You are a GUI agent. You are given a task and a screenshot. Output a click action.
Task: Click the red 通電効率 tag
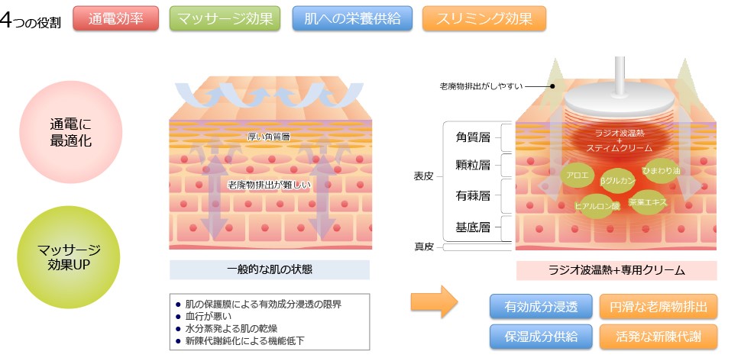pyautogui.click(x=116, y=18)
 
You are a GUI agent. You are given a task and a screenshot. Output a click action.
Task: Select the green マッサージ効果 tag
pyautogui.click(x=225, y=18)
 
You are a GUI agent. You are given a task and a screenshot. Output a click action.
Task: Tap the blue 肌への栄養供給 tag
pyautogui.click(x=352, y=18)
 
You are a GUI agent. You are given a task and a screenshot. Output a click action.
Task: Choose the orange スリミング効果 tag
pyautogui.click(x=484, y=18)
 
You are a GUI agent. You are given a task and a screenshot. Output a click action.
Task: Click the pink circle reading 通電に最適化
pyautogui.click(x=71, y=132)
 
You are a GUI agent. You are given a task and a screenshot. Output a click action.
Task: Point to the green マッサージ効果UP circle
pyautogui.click(x=69, y=257)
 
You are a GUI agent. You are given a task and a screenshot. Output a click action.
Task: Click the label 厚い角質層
pyautogui.click(x=268, y=137)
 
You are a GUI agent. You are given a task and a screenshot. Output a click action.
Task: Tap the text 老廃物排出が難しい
pyautogui.click(x=269, y=185)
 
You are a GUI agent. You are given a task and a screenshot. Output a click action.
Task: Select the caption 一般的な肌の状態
pyautogui.click(x=270, y=270)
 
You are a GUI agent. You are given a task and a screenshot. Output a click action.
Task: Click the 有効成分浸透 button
pyautogui.click(x=541, y=307)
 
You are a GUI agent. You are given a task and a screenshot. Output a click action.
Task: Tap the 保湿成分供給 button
pyautogui.click(x=541, y=337)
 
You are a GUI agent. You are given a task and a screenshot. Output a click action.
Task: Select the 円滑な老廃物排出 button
pyautogui.click(x=658, y=307)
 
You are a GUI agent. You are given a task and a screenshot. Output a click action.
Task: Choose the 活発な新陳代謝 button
pyautogui.click(x=658, y=337)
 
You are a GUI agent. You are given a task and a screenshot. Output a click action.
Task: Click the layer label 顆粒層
pyautogui.click(x=473, y=165)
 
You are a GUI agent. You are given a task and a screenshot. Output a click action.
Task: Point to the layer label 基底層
pyautogui.click(x=473, y=227)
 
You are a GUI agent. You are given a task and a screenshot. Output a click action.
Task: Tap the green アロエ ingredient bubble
pyautogui.click(x=577, y=176)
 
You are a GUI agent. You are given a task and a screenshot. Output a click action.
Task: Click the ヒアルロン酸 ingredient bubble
pyautogui.click(x=597, y=206)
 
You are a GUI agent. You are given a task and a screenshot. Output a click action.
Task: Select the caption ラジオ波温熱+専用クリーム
pyautogui.click(x=616, y=270)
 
